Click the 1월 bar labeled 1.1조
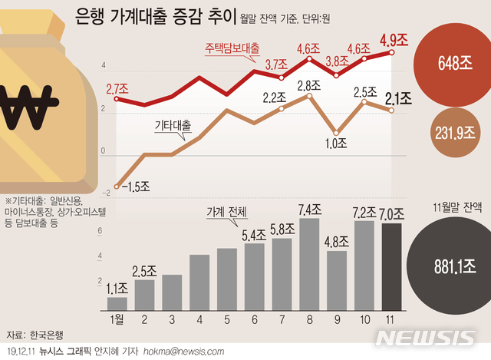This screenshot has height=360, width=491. click(x=117, y=303)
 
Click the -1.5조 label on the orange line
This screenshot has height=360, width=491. click(x=131, y=187)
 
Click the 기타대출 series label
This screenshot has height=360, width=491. click(x=172, y=124)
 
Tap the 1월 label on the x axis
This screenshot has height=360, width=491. click(x=117, y=318)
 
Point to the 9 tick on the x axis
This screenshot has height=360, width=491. click(x=337, y=318)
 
